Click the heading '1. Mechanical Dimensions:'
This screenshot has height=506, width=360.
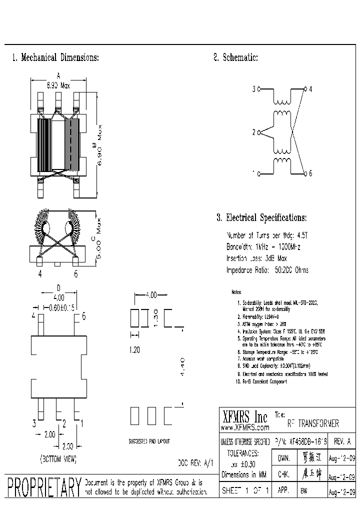click(x=55, y=57)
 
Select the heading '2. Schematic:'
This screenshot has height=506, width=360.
click(x=235, y=57)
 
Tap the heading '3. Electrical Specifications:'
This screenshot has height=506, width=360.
click(x=261, y=218)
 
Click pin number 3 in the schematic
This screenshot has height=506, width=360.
click(x=254, y=89)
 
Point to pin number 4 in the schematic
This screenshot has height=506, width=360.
click(x=310, y=89)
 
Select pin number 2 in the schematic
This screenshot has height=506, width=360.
click(x=254, y=132)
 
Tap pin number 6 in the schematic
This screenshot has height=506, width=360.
click(x=310, y=173)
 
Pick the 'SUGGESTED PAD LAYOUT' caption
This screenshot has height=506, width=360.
click(x=149, y=441)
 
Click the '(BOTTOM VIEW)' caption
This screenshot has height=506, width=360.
click(x=57, y=458)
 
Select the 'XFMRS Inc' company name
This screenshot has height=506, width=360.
click(x=244, y=416)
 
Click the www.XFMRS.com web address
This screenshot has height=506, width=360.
click(x=245, y=428)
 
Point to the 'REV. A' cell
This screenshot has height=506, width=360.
click(x=342, y=442)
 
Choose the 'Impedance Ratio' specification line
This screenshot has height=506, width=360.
click(x=267, y=270)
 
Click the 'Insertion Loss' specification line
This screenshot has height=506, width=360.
click(x=256, y=258)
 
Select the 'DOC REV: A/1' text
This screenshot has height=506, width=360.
click(x=195, y=463)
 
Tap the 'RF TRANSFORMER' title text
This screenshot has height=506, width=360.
click(x=313, y=423)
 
